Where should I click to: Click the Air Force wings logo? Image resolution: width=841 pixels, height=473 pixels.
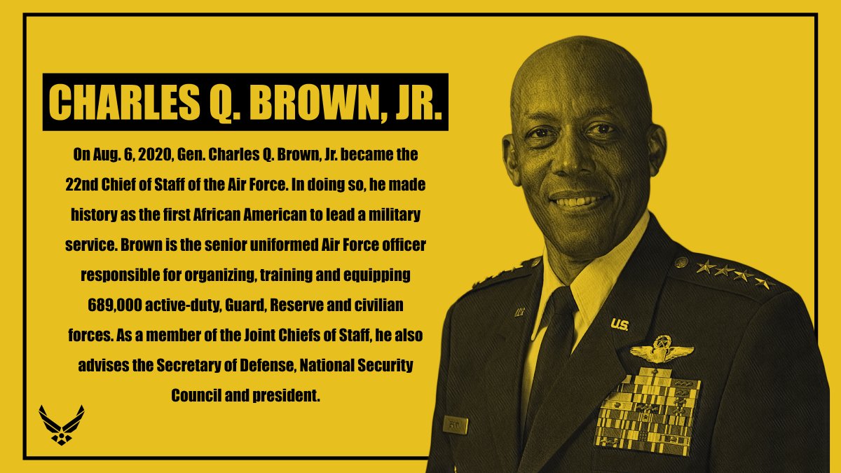tap(62, 424)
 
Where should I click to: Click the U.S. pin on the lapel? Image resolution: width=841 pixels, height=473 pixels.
tap(619, 324)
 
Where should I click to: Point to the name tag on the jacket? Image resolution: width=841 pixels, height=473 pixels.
tap(455, 425)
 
